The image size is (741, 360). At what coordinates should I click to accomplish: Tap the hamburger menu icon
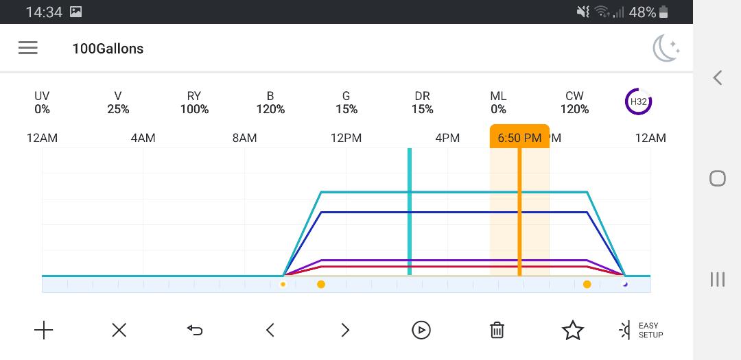tap(28, 48)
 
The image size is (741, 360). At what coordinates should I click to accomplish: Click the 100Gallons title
tap(108, 49)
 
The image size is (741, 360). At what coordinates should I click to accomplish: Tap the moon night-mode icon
tap(666, 49)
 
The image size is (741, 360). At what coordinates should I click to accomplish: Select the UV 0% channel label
tap(42, 103)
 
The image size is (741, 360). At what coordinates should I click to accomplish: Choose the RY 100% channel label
tap(194, 103)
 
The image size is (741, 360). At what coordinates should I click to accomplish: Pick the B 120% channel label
tap(270, 103)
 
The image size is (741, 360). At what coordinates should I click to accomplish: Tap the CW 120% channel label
tap(574, 103)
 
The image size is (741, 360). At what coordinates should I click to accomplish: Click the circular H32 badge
tap(638, 101)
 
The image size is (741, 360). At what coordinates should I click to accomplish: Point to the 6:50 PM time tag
tap(519, 137)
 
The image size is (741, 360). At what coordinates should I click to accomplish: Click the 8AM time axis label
tap(244, 138)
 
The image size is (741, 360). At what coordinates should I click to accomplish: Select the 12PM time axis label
tap(346, 138)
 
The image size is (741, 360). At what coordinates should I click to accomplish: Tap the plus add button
tap(43, 331)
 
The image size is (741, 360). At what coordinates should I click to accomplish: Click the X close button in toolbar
tap(119, 331)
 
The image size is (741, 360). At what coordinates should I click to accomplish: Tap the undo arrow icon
tap(195, 331)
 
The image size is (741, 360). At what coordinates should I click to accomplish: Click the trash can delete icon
tap(497, 331)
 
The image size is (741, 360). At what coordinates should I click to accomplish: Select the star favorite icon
tap(573, 331)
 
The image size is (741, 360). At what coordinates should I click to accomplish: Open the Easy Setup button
tap(642, 331)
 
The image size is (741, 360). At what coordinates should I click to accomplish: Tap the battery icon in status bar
tap(663, 12)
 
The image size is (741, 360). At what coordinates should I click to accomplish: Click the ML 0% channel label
tap(498, 103)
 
